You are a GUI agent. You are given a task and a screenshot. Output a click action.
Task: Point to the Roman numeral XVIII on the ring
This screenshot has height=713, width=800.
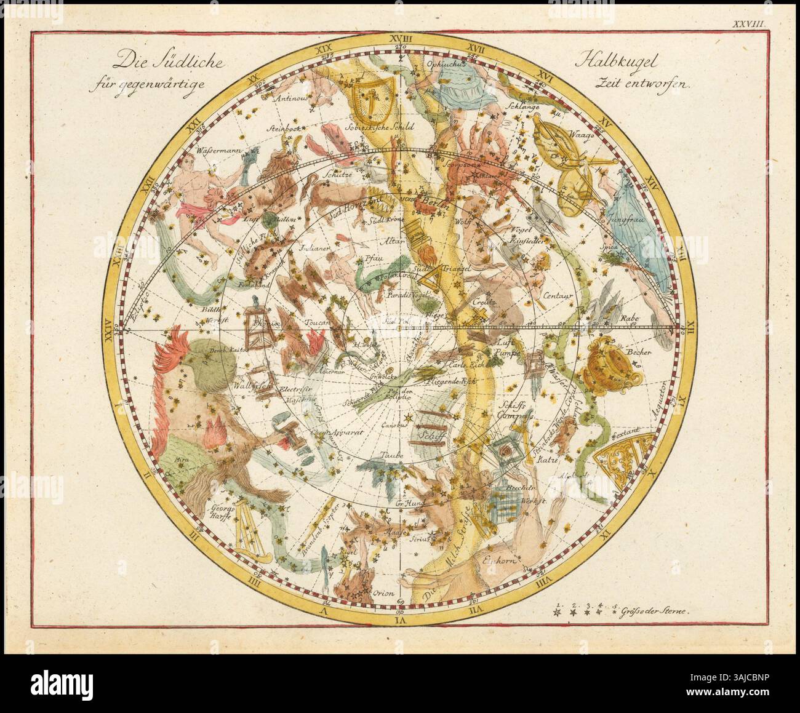[400, 38]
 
